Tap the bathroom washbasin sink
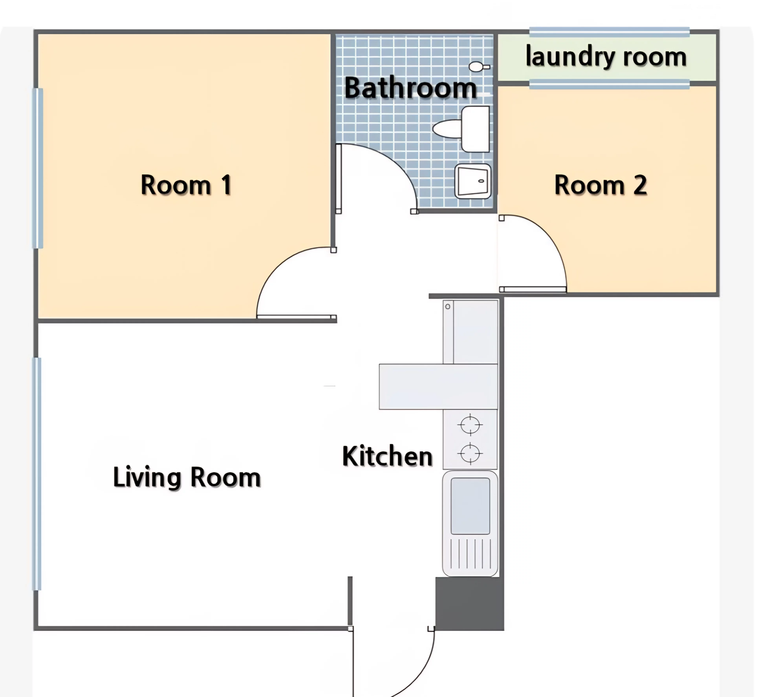473,181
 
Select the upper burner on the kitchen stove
470,425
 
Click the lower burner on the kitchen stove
470,453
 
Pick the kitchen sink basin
470,506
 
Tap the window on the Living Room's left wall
37,474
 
